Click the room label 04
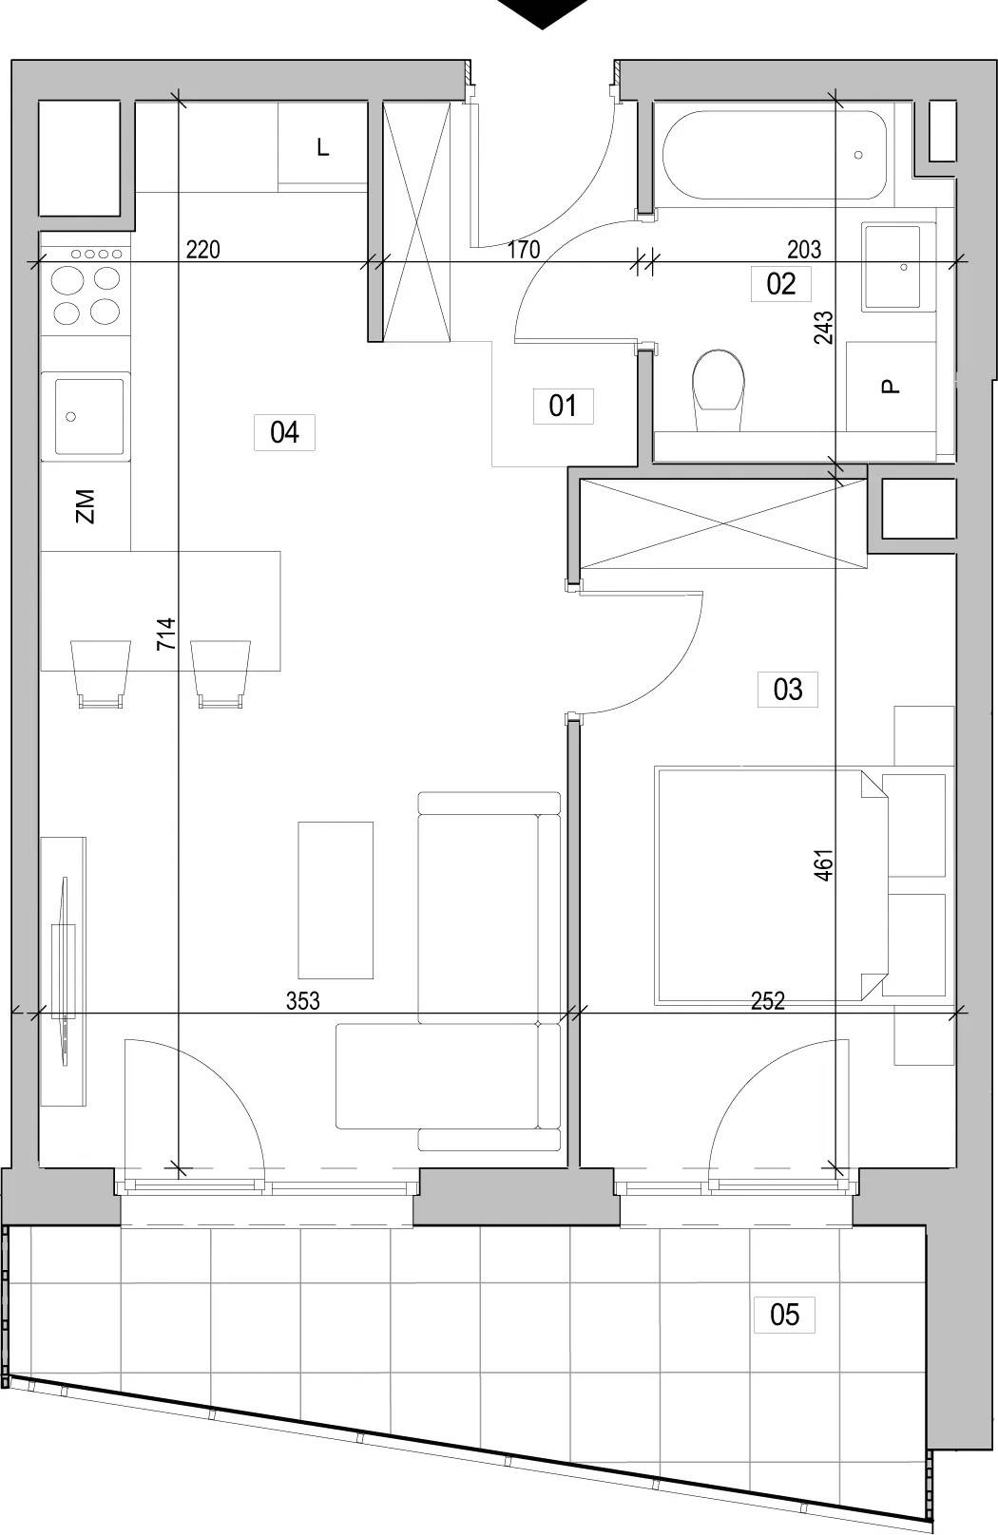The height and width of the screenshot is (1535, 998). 284,432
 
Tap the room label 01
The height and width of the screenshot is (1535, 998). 563,406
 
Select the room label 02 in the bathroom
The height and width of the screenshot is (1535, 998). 780,284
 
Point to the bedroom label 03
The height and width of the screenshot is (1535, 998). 787,690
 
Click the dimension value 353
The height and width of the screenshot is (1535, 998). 302,1001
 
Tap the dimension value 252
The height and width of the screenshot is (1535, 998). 768,1001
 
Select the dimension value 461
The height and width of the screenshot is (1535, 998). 824,864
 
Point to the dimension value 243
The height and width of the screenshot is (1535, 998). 824,328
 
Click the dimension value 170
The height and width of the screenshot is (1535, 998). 524,250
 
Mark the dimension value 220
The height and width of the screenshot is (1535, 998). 203,250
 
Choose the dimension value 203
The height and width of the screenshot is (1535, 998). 804,250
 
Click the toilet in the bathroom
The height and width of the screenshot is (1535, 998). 719,390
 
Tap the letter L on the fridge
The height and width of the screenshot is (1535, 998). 323,147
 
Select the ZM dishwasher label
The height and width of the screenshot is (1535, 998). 86,506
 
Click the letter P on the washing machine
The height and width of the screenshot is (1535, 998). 890,388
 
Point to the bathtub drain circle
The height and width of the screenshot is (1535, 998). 858,156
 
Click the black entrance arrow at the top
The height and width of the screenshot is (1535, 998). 542,13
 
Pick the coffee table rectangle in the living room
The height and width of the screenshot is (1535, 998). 336,900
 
